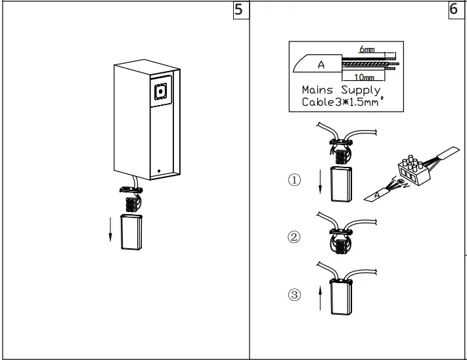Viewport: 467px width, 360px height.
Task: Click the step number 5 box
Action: [x=242, y=11]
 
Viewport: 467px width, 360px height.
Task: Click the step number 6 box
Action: [x=455, y=11]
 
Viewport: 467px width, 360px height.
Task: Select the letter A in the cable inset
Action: [x=321, y=64]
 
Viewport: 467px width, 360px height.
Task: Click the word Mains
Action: [x=319, y=90]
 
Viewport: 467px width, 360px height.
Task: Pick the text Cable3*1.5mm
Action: [x=339, y=102]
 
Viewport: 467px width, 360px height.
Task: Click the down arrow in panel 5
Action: [x=110, y=231]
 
